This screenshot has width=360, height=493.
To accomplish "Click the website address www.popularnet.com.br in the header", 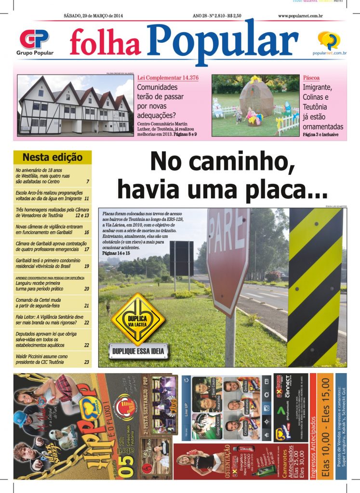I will coord(300,16).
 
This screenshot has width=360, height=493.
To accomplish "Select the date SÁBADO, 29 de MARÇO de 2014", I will coord(93,16).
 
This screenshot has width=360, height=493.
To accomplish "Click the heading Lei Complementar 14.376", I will coord(168,78).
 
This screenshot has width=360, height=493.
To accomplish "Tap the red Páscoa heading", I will coord(311,78).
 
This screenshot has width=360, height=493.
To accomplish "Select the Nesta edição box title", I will coord(53,157).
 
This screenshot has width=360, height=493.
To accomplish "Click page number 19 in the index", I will coord(87,266).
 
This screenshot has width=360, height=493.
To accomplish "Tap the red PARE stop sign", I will coord(228,251).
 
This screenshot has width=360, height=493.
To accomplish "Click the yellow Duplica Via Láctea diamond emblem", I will coord(138,319).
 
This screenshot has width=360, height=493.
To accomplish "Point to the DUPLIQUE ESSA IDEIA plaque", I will coord(138,351).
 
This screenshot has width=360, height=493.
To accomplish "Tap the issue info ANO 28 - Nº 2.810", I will coord(217,16).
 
